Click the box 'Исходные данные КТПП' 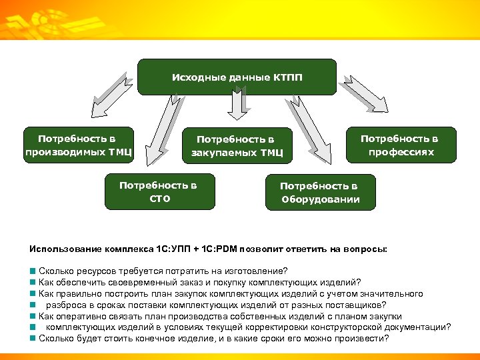pos(237,77)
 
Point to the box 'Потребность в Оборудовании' pos(320,193)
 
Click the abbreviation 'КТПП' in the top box pos(287,77)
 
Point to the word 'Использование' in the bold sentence pos(65,249)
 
